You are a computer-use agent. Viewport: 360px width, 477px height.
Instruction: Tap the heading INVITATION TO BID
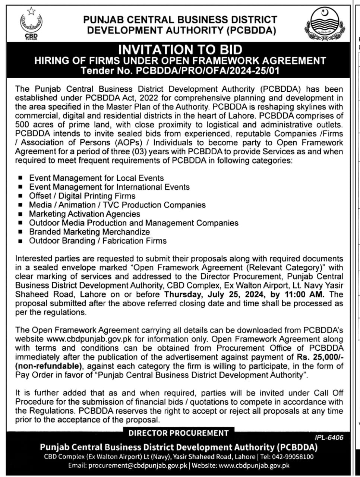tap(180, 50)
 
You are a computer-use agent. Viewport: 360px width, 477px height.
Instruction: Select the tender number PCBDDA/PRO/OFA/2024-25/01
tap(206, 70)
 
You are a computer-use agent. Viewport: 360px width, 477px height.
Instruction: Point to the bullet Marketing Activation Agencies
tap(85, 214)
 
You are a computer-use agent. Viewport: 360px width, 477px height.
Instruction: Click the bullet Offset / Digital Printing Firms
tap(82, 196)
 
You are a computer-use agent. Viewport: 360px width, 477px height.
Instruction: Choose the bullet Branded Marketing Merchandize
tap(89, 232)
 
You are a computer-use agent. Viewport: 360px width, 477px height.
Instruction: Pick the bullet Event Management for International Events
tap(109, 187)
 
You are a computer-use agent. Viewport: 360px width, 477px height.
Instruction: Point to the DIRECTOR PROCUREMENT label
tap(179, 433)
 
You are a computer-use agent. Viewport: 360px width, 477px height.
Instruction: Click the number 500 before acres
tap(22, 125)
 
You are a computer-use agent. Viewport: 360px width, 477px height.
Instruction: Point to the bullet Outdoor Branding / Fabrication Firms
tap(98, 241)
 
